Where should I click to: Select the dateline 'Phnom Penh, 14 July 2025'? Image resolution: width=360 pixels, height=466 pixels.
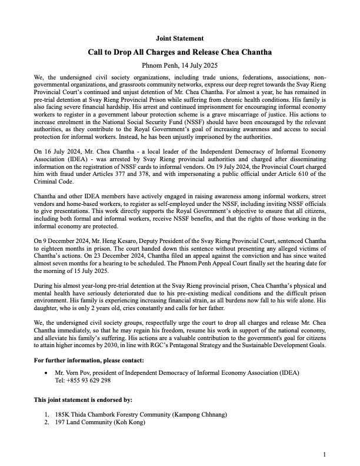[x=179, y=65]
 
